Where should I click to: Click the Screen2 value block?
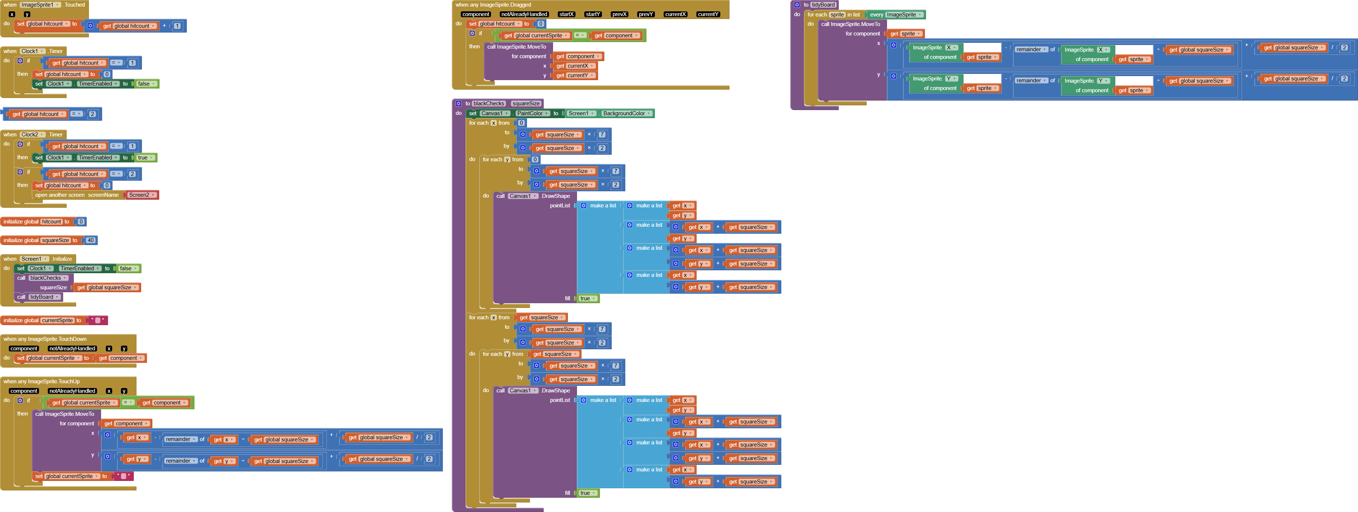pyautogui.click(x=141, y=195)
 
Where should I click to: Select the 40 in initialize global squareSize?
pyautogui.click(x=91, y=240)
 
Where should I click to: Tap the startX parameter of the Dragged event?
pyautogui.click(x=566, y=15)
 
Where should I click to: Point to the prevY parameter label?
pyautogui.click(x=646, y=15)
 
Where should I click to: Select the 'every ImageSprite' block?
pyautogui.click(x=896, y=15)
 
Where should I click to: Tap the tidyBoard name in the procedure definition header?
pyautogui.click(x=823, y=5)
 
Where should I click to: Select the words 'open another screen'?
pyautogui.click(x=60, y=195)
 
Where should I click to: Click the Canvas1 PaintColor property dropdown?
pyautogui.click(x=532, y=113)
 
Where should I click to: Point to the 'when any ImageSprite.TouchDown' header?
pyautogui.click(x=45, y=339)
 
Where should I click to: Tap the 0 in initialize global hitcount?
pyautogui.click(x=81, y=222)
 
